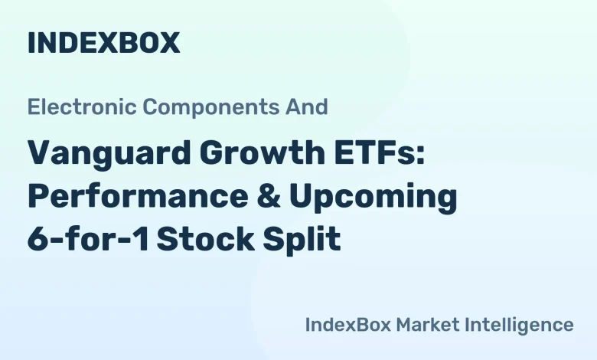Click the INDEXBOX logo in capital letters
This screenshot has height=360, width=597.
(103, 43)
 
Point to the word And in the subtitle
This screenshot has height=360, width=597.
(311, 106)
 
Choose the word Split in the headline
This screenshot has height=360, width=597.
(307, 240)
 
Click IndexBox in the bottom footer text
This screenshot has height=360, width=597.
(347, 324)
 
